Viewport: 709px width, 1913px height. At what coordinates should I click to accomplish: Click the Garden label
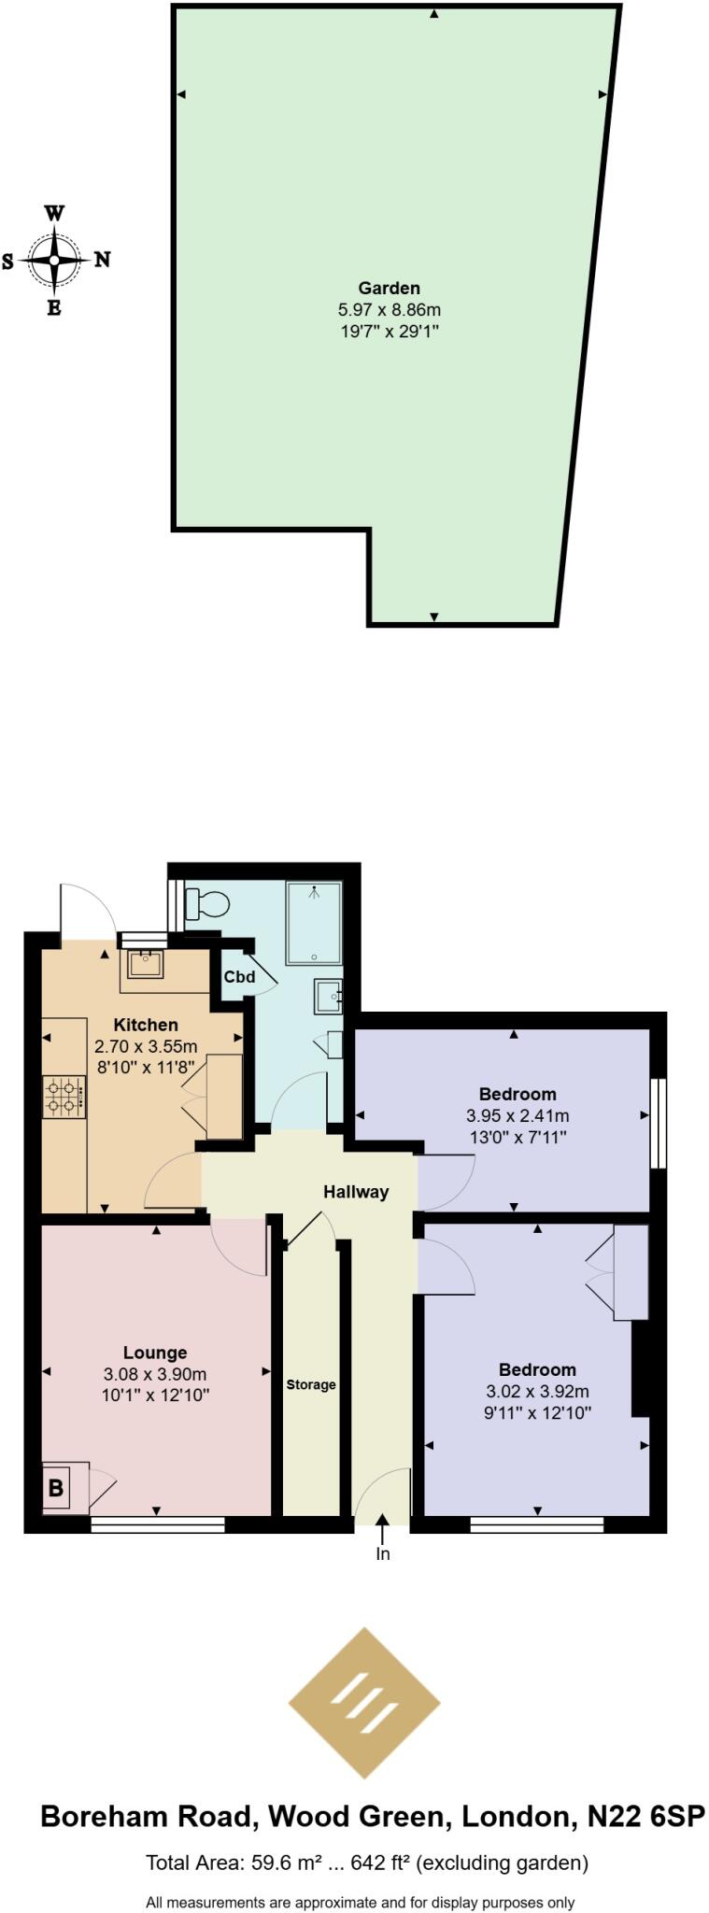point(389,288)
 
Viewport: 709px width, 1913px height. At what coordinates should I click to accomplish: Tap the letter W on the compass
point(55,213)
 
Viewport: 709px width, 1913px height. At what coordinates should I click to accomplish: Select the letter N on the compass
point(103,260)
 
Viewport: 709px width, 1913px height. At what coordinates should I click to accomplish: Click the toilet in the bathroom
point(208,904)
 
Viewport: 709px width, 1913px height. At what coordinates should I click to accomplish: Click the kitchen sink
point(146,963)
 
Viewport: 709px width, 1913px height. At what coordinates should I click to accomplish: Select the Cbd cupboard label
point(239,978)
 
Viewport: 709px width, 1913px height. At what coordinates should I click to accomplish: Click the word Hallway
point(356,1191)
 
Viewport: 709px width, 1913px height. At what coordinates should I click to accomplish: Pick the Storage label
point(311,1384)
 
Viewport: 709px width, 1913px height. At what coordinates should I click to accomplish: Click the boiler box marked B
point(56,1487)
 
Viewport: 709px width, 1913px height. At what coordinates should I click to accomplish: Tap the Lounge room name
point(155,1352)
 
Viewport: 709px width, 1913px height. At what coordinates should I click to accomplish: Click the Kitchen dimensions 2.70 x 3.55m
point(146,1046)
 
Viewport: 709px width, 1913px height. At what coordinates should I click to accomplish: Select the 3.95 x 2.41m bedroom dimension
point(517,1115)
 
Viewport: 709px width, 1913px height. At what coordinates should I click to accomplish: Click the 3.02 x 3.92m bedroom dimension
point(536,1392)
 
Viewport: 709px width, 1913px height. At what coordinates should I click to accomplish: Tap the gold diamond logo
point(363,1703)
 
